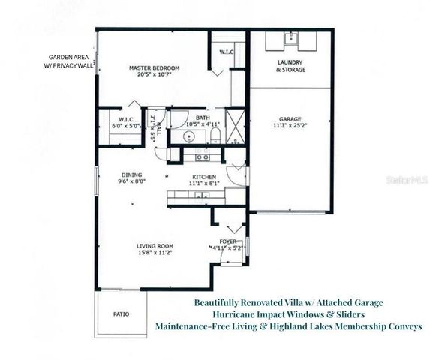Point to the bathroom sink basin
click(x=190, y=136)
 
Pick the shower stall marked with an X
click(x=236, y=125)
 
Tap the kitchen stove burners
click(x=201, y=157)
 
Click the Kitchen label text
click(x=204, y=177)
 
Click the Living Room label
click(x=155, y=246)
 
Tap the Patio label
click(x=120, y=314)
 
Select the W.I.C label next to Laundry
click(x=226, y=52)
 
